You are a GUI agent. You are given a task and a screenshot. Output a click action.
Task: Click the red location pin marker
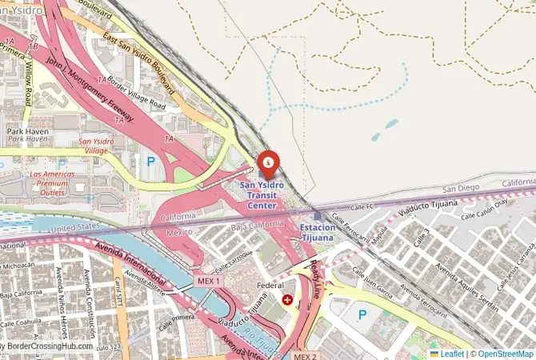coord(270,164)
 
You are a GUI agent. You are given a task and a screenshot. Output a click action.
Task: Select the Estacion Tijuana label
coord(317,232)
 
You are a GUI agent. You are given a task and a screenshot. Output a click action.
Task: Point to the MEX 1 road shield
coord(207,282)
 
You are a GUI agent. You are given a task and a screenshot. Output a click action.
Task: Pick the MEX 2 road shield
coord(305,355)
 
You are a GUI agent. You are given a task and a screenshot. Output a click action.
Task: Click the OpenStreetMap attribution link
coord(506,353)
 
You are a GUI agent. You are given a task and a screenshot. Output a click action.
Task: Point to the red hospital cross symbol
coord(287,299)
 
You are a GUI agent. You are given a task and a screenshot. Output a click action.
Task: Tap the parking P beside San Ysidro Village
coord(150,161)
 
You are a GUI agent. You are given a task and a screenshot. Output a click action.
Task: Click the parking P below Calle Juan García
coord(362,314)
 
